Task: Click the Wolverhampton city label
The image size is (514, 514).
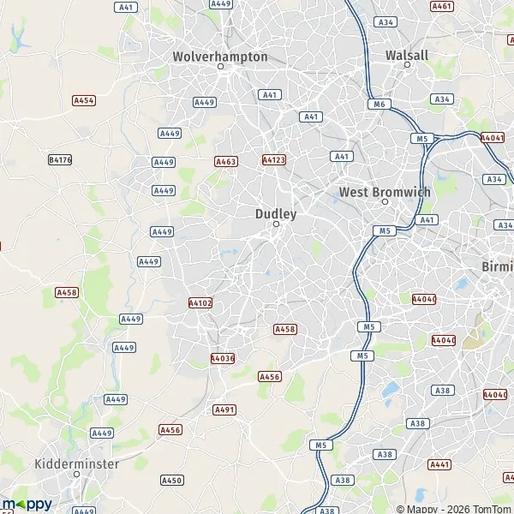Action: tap(220, 57)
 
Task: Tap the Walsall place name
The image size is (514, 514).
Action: tap(407, 55)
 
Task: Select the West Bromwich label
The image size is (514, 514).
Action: tap(385, 192)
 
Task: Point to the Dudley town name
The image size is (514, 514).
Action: tap(276, 213)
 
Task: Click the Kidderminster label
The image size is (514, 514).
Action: tap(77, 463)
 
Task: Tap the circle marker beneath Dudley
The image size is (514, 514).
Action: tap(276, 224)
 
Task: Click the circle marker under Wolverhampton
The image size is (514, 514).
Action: tap(220, 67)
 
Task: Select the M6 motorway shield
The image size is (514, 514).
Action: tap(381, 104)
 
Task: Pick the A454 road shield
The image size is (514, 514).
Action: tap(84, 100)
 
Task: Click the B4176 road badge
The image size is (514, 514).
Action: tap(60, 159)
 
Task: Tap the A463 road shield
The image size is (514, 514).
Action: tap(225, 161)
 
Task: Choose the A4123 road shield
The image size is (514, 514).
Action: tap(273, 159)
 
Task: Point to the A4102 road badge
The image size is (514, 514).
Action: tap(200, 302)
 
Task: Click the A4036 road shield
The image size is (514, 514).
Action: tap(222, 358)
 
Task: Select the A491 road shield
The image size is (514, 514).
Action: tap(224, 409)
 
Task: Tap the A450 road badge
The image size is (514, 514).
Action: tap(171, 481)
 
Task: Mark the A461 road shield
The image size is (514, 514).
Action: tap(442, 6)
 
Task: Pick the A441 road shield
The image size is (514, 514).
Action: tap(439, 464)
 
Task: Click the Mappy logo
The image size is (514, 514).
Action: tap(27, 504)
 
